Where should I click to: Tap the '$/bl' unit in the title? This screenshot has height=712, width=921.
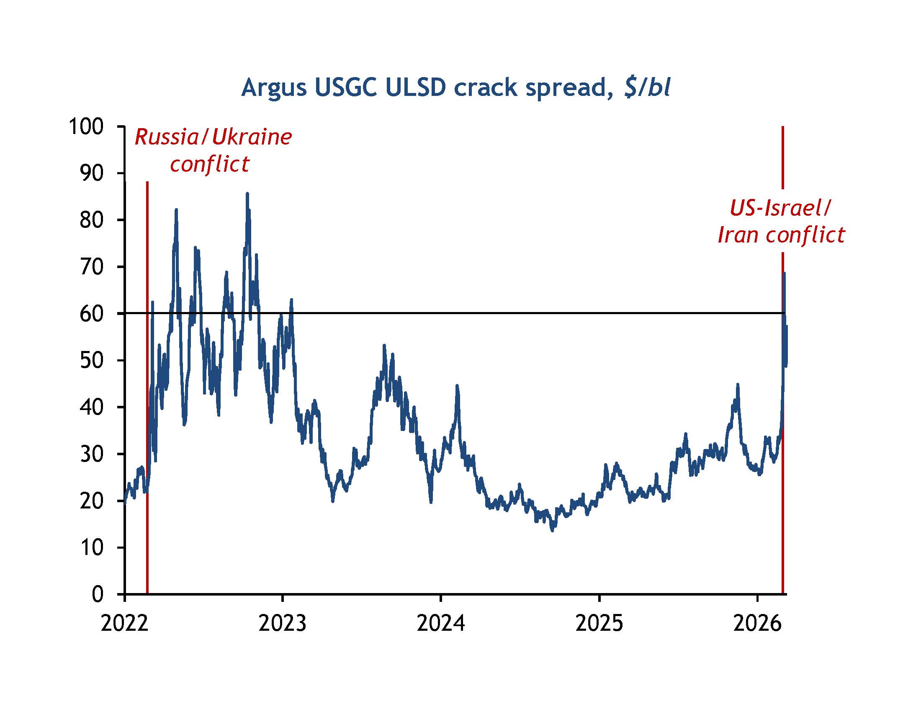(x=647, y=88)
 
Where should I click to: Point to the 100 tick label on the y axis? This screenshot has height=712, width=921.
(x=86, y=126)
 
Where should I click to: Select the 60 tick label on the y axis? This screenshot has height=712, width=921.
(x=92, y=314)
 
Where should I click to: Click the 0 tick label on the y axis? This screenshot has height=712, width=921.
(x=98, y=594)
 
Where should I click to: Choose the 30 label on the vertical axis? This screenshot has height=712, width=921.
(x=92, y=454)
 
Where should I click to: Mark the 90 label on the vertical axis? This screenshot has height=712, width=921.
(x=92, y=173)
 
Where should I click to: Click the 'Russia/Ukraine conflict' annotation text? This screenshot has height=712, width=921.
(x=213, y=150)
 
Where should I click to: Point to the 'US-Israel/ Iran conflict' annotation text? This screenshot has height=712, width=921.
(x=781, y=221)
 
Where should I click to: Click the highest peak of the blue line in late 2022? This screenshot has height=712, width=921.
(x=247, y=194)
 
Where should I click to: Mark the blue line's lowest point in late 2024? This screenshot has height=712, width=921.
(x=553, y=530)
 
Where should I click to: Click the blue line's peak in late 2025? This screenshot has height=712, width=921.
(x=738, y=384)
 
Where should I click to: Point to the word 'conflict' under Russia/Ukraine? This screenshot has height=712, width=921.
(x=210, y=164)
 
